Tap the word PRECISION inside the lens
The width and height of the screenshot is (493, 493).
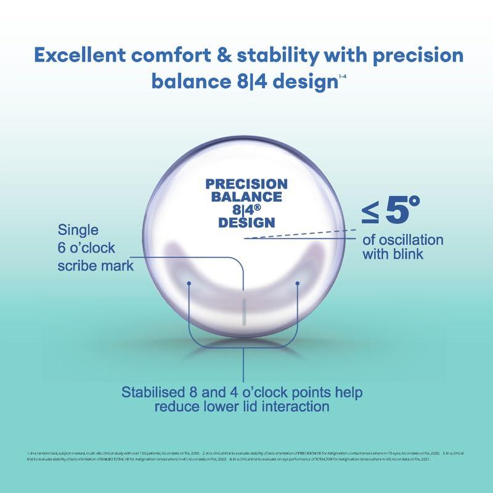point(246,184)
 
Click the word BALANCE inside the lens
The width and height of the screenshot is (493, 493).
point(246,197)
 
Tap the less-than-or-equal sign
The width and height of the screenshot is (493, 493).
point(369,214)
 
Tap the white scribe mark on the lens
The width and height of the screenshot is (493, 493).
point(245,311)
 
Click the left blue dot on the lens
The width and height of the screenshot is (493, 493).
point(190,283)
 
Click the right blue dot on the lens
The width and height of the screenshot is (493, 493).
point(298,283)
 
